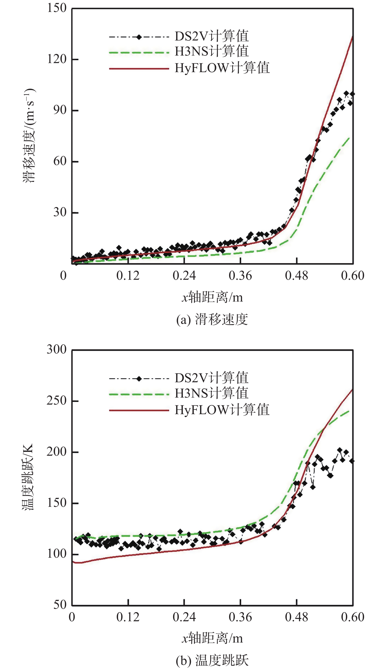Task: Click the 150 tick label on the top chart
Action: coord(57,8)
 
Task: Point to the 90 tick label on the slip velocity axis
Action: coord(60,110)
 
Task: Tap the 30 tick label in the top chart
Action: coord(60,212)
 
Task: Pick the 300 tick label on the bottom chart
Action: coord(57,350)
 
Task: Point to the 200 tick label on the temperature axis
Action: coord(57,452)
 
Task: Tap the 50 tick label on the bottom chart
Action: coord(60,605)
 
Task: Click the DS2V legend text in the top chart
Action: coord(211,36)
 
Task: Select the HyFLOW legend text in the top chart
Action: coord(222,68)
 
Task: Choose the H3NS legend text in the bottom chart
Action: coord(211,393)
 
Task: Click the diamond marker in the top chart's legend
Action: coord(139,37)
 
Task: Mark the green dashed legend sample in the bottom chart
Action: coord(139,394)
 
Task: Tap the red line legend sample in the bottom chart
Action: coord(139,410)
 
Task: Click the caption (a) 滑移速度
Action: coord(212,320)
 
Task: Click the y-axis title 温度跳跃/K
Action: coord(28,477)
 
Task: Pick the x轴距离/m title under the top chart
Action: coord(212,298)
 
